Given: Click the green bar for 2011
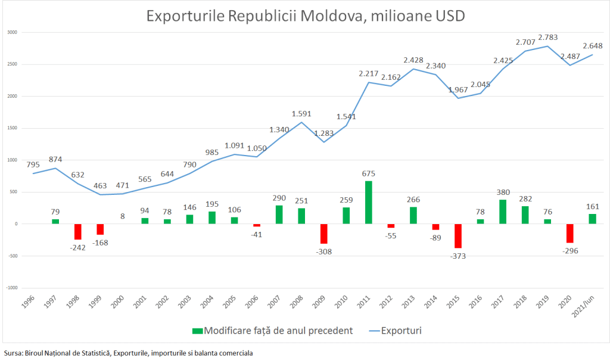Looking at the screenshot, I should pos(369,202).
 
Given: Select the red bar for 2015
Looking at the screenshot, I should pos(458,235).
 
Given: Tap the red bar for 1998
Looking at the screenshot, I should pos(78,231).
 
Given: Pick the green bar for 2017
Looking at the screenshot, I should pos(503,212).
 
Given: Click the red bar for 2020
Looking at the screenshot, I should pos(570,233).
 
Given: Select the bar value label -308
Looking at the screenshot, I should pos(324,251).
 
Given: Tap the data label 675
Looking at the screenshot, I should pos(369,173).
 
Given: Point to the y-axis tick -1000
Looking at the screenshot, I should pos(11,287).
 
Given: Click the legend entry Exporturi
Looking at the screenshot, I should pos(401,330).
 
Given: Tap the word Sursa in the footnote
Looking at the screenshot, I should pos(12,353).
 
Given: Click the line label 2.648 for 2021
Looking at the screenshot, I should pos(592,46).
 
